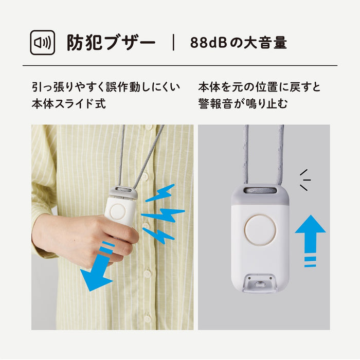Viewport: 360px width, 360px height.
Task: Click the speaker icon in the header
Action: (43, 43)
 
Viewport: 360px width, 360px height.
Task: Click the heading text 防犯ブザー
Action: (111, 43)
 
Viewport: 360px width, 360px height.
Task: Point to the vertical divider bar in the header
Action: (173, 43)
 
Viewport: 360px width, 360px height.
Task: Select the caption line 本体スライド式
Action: (68, 103)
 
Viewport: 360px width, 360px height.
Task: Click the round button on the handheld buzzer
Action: (120, 211)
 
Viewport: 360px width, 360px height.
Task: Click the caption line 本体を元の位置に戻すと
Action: (259, 87)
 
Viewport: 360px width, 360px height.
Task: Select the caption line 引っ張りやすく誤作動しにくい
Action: (105, 87)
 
